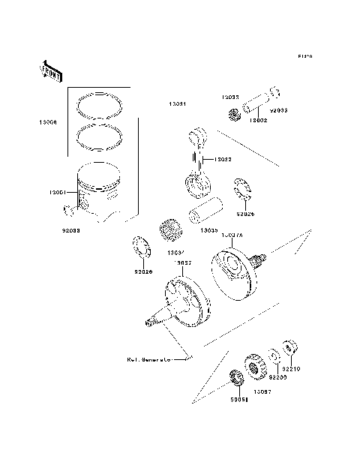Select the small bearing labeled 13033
(x=233, y=115)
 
